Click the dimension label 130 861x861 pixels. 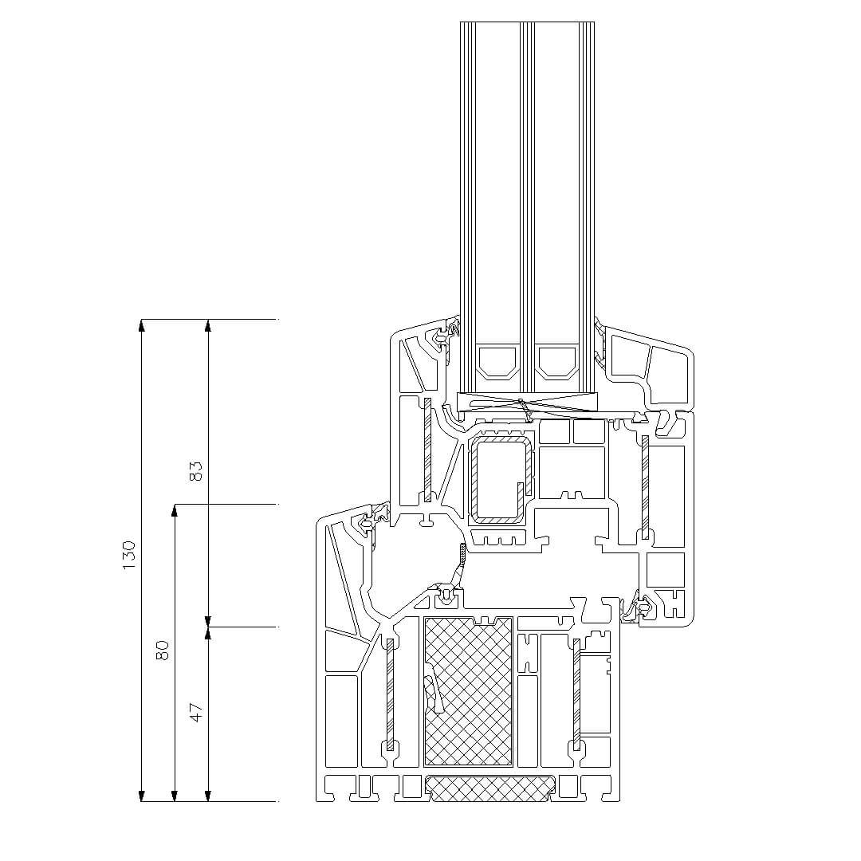pos(129,555)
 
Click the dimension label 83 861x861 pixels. pos(195,470)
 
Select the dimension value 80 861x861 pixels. pos(163,651)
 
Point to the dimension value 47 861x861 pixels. pos(195,712)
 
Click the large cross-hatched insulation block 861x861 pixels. pos(469,692)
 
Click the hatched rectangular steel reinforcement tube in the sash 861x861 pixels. pos(501,478)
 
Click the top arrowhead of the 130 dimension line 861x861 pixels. pos(142,325)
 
